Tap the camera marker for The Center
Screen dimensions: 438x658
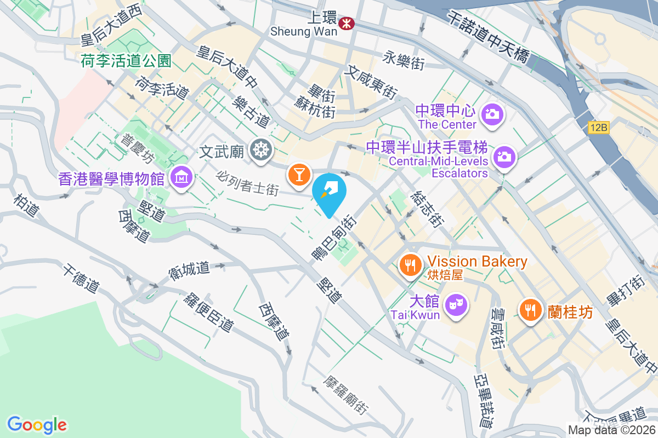(492, 114)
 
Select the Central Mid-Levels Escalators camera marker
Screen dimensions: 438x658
(503, 157)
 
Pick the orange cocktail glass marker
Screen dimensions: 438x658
(299, 175)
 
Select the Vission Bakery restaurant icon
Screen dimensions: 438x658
(410, 266)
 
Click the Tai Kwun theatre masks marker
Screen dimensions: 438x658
(456, 302)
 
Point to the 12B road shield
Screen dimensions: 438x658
(599, 128)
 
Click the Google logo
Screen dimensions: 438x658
(37, 424)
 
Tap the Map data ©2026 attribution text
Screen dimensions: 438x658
(611, 430)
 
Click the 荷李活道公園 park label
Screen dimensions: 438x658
(127, 60)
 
